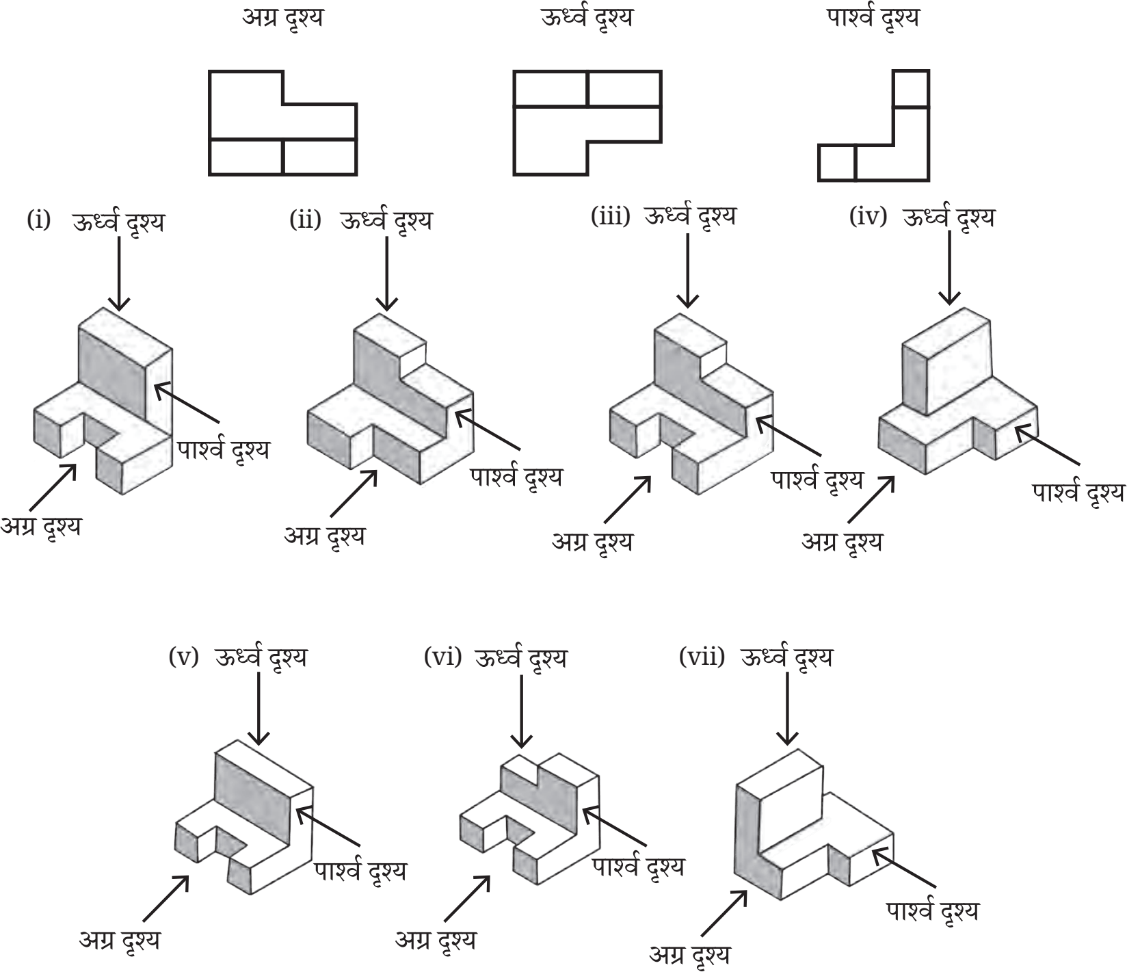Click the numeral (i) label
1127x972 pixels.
click(x=39, y=220)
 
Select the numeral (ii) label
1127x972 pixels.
click(x=305, y=220)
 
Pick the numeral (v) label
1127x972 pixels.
click(x=183, y=657)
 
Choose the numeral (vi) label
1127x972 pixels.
click(x=442, y=657)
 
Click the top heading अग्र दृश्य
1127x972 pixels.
click(x=282, y=18)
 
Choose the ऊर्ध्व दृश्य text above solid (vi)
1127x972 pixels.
click(x=520, y=657)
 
